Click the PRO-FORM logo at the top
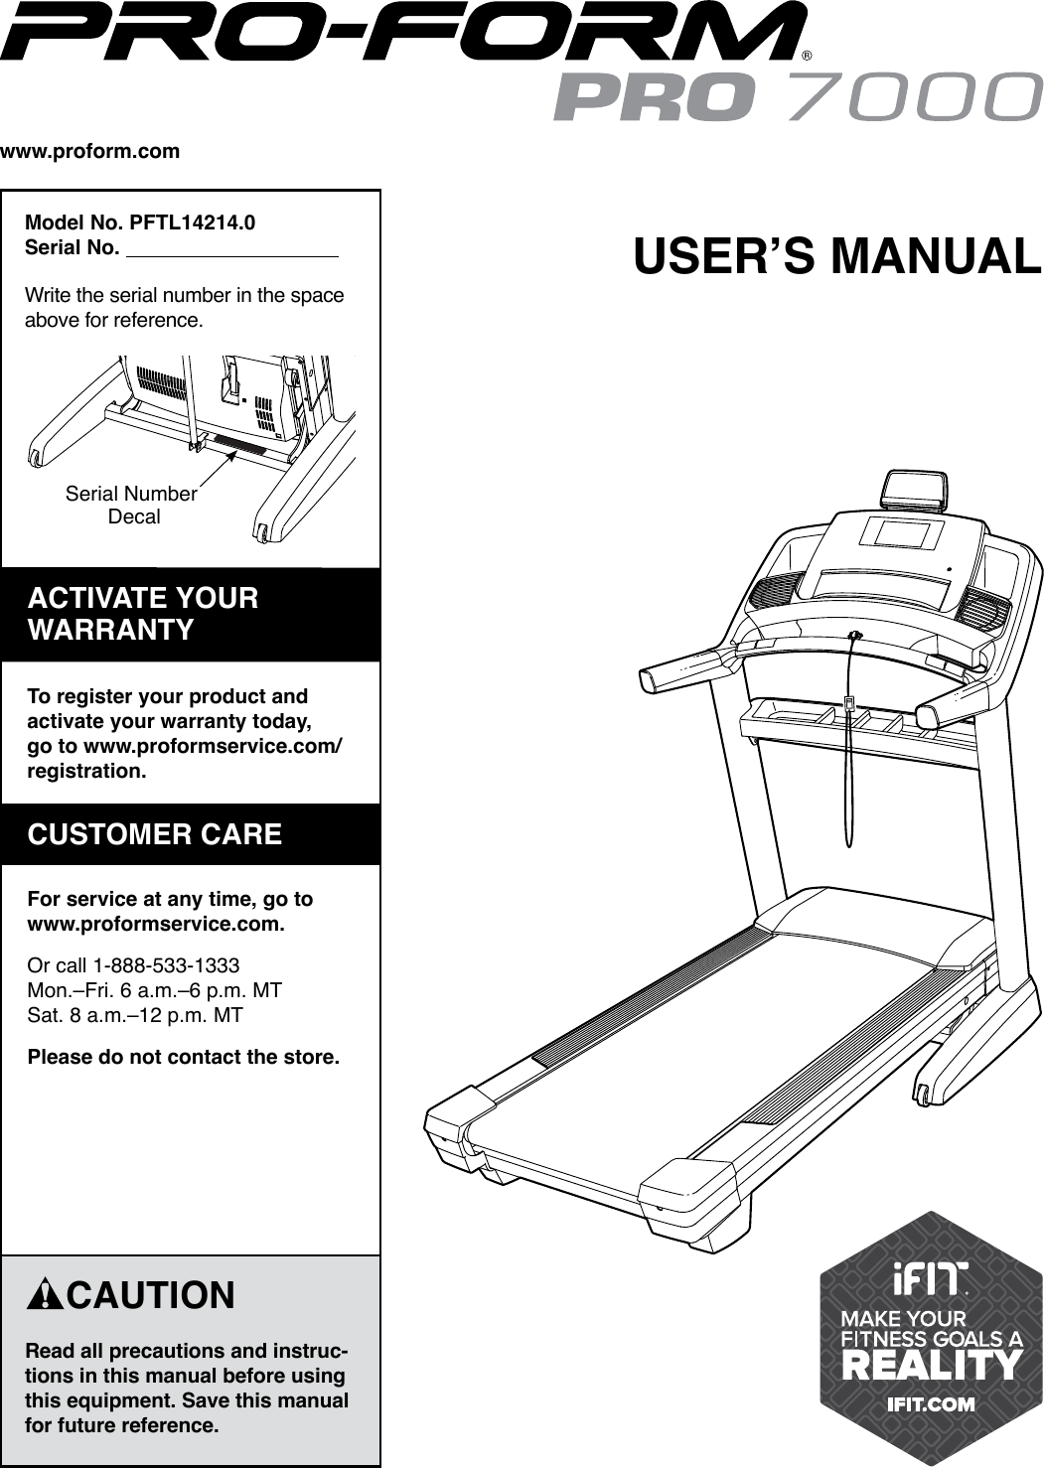pyautogui.click(x=402, y=34)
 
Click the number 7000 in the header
pyautogui.click(x=911, y=97)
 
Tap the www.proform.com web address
pyautogui.click(x=90, y=152)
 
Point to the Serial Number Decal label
pyautogui.click(x=131, y=505)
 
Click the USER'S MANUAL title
pyautogui.click(x=836, y=255)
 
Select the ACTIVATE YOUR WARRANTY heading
pyautogui.click(x=144, y=614)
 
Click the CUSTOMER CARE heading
pyautogui.click(x=155, y=833)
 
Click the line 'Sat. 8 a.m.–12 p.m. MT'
pyautogui.click(x=135, y=1015)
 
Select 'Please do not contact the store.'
pyautogui.click(x=184, y=1056)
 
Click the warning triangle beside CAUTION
pyautogui.click(x=45, y=1295)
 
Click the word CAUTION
pyautogui.click(x=151, y=1295)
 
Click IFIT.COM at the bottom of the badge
pyautogui.click(x=931, y=1404)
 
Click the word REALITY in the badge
pyautogui.click(x=931, y=1365)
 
